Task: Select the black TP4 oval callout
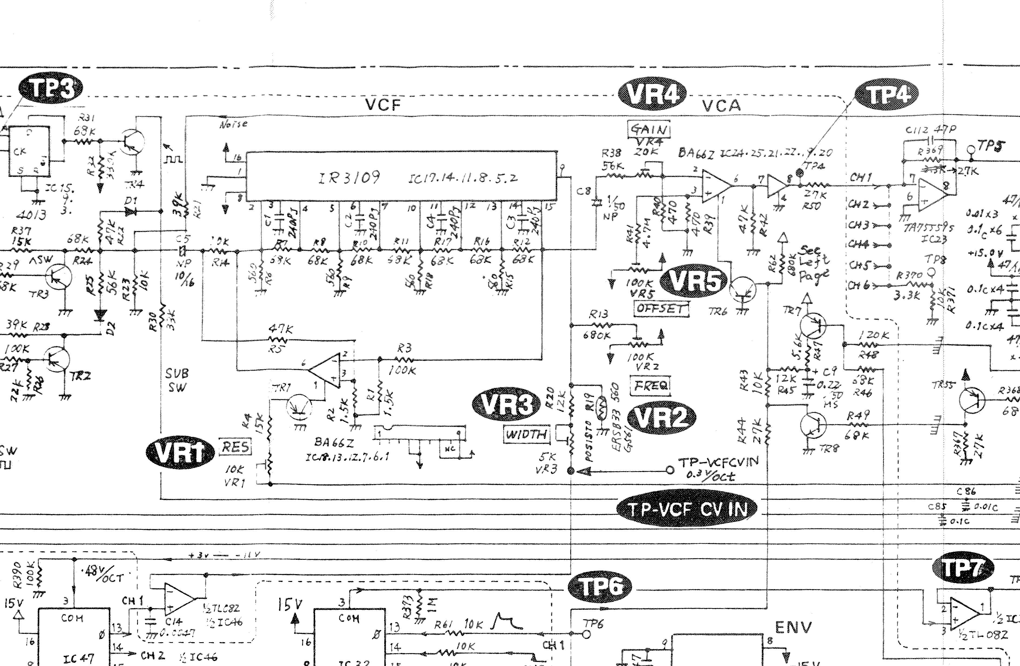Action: coord(886,95)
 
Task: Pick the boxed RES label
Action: coord(235,447)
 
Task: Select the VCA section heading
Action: coord(721,105)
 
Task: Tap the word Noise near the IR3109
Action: coord(234,124)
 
